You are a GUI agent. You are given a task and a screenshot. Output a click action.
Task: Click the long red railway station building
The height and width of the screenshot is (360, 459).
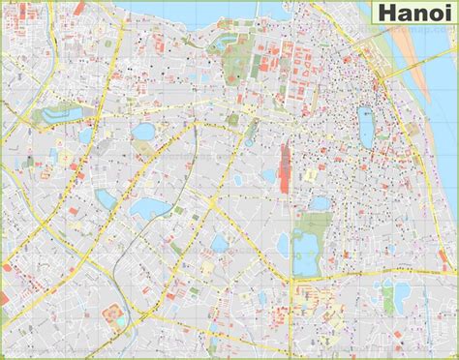click(x=285, y=164)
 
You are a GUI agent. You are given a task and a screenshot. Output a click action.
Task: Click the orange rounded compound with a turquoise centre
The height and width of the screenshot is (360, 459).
click(x=108, y=315)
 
